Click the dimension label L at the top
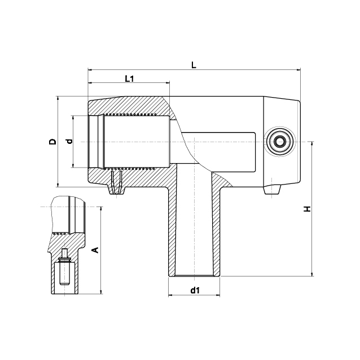194,64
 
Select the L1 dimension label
129,78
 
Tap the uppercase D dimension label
52,142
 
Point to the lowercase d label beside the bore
69,141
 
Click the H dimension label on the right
307,209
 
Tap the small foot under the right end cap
271,190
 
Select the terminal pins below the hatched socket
117,184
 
